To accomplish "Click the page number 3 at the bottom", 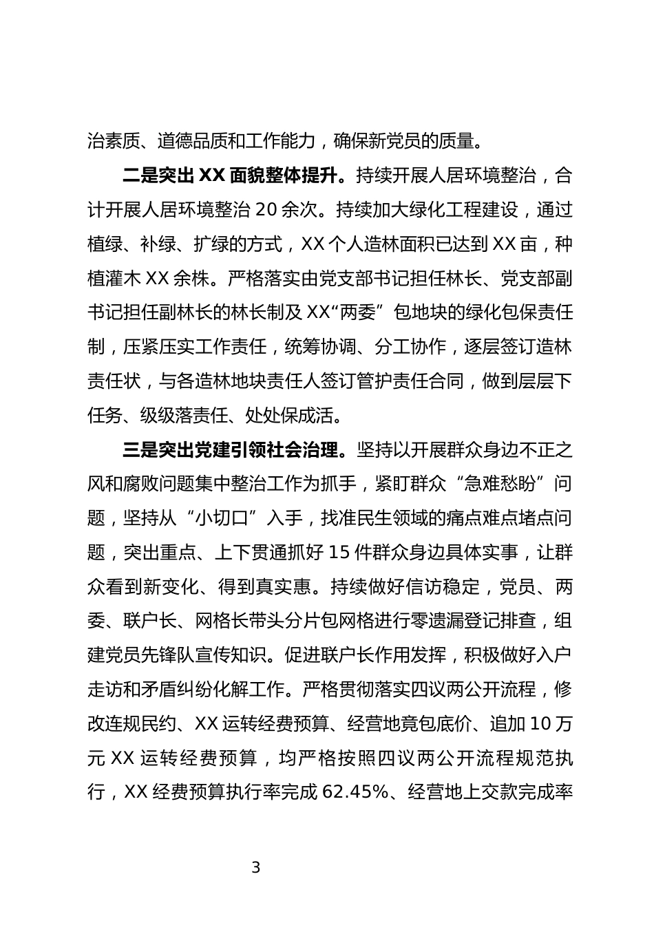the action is point(256,868).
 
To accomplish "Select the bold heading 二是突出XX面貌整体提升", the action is point(231,176).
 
